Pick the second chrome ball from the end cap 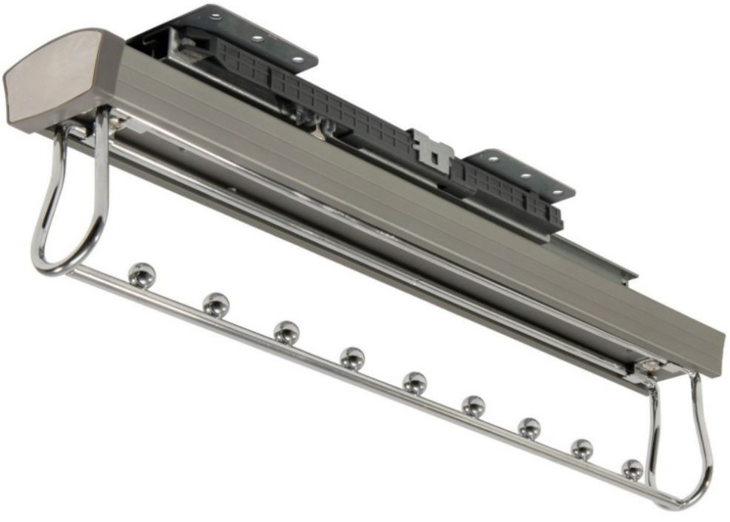pos(216,304)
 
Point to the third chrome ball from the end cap pos(286,332)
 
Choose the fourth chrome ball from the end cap pos(351,357)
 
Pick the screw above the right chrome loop pos(648,366)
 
